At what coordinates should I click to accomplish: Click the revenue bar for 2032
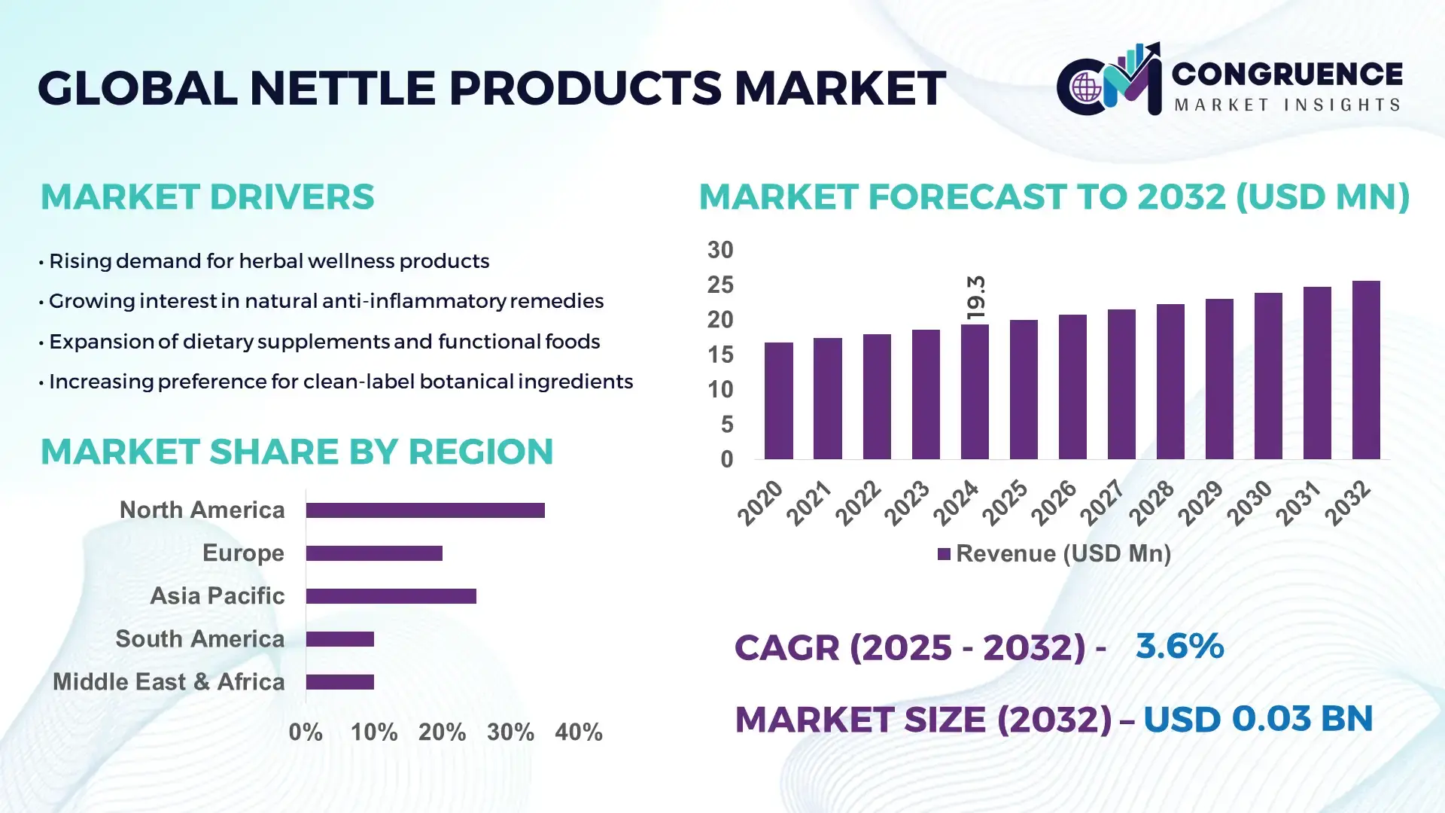pyautogui.click(x=1366, y=370)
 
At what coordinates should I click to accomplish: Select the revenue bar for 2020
pyautogui.click(x=778, y=401)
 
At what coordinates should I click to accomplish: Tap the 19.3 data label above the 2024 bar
pyautogui.click(x=975, y=297)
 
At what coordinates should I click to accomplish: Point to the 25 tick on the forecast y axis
pyautogui.click(x=720, y=285)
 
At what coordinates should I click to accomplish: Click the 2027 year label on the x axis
pyautogui.click(x=1102, y=503)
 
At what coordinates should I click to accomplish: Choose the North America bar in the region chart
pyautogui.click(x=425, y=510)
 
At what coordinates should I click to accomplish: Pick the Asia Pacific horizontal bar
pyautogui.click(x=391, y=596)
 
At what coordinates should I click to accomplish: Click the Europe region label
pyautogui.click(x=243, y=553)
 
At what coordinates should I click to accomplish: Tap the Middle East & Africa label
pyautogui.click(x=169, y=682)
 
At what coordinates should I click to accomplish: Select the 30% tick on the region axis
pyautogui.click(x=510, y=732)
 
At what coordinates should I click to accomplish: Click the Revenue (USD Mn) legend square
pyautogui.click(x=944, y=554)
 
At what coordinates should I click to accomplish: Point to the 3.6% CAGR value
pyautogui.click(x=1179, y=646)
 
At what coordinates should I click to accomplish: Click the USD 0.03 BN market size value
pyautogui.click(x=1258, y=718)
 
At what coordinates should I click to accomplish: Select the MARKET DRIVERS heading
pyautogui.click(x=207, y=197)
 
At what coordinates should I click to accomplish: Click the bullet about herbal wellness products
pyautogui.click(x=268, y=261)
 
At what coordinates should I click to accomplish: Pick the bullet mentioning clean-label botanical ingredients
pyautogui.click(x=340, y=382)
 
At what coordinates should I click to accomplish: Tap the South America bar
pyautogui.click(x=340, y=639)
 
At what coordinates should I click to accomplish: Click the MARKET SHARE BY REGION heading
pyautogui.click(x=297, y=452)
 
